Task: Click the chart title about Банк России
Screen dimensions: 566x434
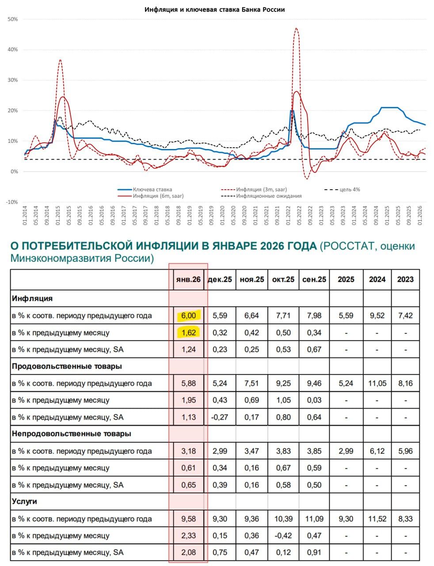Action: tap(214, 9)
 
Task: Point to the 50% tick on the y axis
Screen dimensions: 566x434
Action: tap(13, 19)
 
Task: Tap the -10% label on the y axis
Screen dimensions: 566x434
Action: tap(12, 202)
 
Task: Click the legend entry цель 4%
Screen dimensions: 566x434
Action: tap(350, 189)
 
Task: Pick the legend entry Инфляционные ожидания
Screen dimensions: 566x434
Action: tap(269, 196)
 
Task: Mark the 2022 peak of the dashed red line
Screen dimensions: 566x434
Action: tap(296, 29)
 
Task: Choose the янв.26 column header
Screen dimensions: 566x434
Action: tap(188, 279)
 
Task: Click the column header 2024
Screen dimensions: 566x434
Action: tap(377, 279)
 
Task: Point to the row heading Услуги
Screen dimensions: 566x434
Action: tap(24, 501)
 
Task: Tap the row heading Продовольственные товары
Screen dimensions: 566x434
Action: tap(67, 366)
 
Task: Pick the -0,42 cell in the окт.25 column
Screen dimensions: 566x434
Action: tap(283, 535)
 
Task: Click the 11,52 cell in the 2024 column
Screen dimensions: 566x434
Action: tap(377, 519)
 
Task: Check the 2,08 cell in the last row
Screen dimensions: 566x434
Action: tap(188, 552)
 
